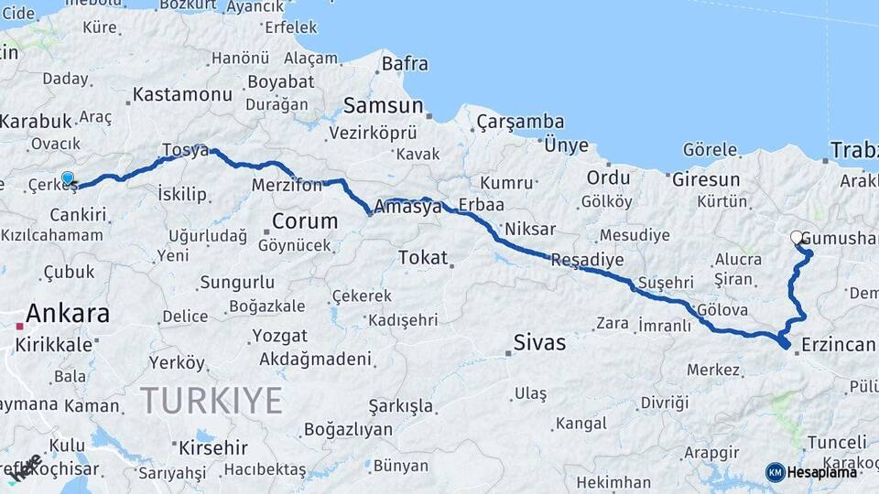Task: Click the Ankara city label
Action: tap(68, 314)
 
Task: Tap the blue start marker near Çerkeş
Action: tap(67, 178)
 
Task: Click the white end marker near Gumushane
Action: tap(797, 238)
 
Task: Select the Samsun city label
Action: tap(384, 105)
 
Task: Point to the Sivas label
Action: tap(539, 344)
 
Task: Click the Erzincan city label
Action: tap(838, 344)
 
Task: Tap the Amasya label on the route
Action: tap(407, 208)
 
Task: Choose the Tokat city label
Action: tap(423, 258)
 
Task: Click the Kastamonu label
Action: tap(182, 94)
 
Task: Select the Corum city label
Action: tap(305, 221)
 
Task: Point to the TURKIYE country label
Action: tap(212, 400)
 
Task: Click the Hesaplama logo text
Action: tap(824, 472)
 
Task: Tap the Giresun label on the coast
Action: tap(705, 179)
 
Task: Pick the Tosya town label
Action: tap(186, 149)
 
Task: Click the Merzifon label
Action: tap(288, 186)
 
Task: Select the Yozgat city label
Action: tap(279, 336)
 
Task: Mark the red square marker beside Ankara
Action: tap(19, 326)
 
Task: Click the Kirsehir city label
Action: tap(213, 448)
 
